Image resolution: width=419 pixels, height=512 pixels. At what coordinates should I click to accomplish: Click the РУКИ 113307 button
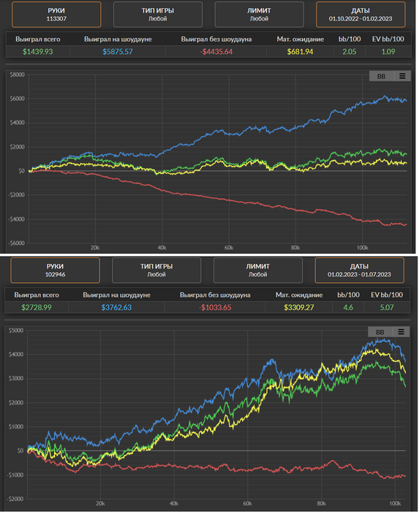click(56, 15)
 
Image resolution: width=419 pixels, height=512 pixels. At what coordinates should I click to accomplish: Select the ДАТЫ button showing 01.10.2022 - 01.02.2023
click(361, 15)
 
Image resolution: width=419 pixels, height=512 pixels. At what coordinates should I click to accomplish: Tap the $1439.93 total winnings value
click(38, 52)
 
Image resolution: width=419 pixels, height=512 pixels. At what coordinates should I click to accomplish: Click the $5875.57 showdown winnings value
click(118, 52)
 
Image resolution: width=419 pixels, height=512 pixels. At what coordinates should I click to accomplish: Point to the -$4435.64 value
click(216, 52)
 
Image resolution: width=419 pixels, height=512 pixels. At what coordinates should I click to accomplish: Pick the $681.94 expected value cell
click(300, 52)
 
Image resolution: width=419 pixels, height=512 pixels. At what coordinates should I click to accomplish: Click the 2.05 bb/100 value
click(350, 52)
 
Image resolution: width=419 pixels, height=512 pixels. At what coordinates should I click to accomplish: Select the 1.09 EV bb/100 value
click(388, 52)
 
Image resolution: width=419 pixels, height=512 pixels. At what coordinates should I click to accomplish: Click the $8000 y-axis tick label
click(18, 75)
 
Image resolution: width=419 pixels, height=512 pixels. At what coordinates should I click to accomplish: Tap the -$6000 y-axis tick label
click(16, 243)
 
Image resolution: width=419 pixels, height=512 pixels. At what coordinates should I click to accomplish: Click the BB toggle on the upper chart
click(381, 76)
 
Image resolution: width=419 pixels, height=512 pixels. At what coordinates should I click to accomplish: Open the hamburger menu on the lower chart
click(401, 332)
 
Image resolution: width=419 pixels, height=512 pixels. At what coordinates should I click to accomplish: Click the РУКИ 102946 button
click(55, 270)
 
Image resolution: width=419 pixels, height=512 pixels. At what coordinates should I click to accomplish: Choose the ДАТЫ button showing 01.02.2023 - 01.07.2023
click(359, 270)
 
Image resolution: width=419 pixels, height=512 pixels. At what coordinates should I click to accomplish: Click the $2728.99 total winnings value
click(37, 307)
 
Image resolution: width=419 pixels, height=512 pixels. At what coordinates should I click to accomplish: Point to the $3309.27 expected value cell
click(298, 307)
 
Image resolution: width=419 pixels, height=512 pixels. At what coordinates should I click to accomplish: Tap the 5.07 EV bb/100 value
click(387, 307)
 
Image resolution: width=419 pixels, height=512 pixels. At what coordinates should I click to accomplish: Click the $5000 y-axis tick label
click(16, 331)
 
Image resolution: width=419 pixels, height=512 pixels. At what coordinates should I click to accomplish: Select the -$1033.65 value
click(215, 307)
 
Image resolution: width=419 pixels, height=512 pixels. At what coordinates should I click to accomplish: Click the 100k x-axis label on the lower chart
click(395, 503)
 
